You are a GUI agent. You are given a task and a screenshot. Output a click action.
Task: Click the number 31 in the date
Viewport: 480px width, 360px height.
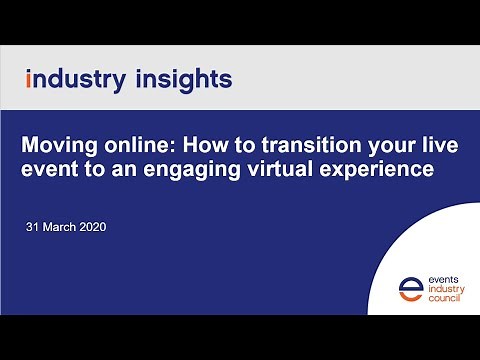[x=33, y=227]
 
